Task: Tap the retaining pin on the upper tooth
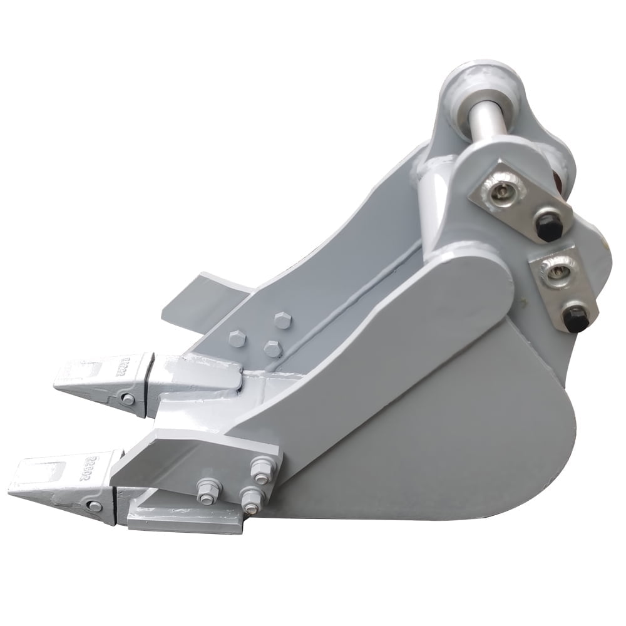128,399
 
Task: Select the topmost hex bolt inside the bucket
282,321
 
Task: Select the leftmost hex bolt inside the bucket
237,339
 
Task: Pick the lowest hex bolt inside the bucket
272,348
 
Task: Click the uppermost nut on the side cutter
259,466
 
